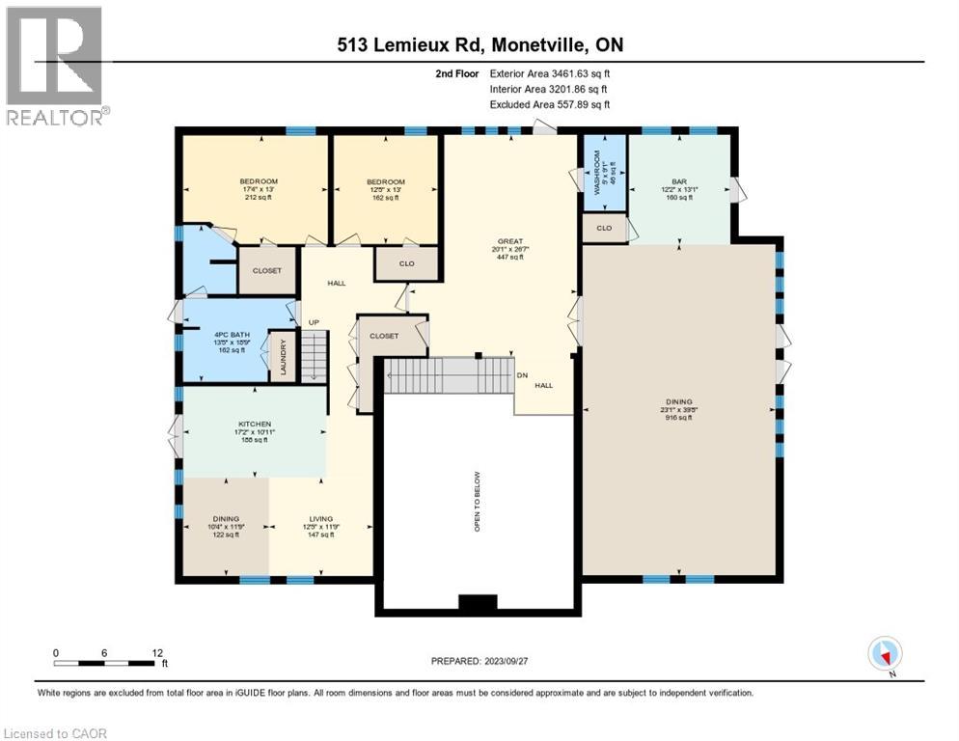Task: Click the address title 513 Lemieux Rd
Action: (479, 45)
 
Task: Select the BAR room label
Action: (678, 179)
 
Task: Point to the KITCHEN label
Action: (255, 424)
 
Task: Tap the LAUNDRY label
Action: (284, 356)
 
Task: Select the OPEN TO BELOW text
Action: (477, 503)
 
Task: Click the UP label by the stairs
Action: (313, 321)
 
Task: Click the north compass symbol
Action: (885, 653)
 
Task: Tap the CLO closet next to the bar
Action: (604, 229)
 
